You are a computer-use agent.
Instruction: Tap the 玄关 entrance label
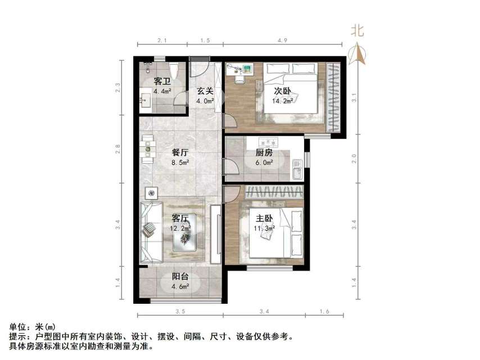[x=204, y=91]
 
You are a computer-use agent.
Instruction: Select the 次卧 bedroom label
[x=282, y=91]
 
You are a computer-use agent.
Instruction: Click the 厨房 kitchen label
[x=264, y=152]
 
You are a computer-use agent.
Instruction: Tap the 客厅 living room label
[x=180, y=218]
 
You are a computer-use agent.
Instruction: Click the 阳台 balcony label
[x=180, y=276]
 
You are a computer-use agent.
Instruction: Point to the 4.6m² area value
[x=180, y=286]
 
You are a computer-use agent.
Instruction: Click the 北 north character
[x=357, y=30]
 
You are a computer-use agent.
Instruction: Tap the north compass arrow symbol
[x=357, y=54]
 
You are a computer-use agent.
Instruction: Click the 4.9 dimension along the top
[x=282, y=40]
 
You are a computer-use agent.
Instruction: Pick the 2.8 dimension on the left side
[x=118, y=150]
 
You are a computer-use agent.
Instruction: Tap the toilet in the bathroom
[x=174, y=70]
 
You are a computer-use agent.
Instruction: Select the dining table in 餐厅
[x=148, y=149]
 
